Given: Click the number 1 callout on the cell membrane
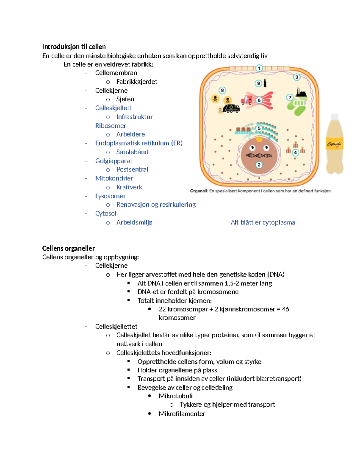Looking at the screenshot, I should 259,68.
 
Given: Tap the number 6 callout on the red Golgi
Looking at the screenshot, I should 259,100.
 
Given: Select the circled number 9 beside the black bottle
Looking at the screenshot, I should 258,83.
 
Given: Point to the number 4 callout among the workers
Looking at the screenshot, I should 295,152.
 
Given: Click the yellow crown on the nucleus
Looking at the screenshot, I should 259,138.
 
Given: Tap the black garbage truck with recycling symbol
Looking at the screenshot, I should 231,108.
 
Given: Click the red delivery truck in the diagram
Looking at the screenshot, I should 247,100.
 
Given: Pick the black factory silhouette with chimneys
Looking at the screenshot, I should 301,92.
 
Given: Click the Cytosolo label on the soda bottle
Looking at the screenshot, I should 334,144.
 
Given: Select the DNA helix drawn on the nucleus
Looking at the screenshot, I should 259,155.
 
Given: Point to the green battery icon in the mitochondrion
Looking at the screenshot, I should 299,103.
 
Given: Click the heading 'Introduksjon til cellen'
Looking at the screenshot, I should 74,47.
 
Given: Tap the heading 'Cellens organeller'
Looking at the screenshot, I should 68,248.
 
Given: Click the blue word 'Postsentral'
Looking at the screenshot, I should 132,170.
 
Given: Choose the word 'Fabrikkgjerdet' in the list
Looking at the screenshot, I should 136,82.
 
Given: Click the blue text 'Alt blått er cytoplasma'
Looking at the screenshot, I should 262,222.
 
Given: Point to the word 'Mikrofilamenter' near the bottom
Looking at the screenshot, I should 182,414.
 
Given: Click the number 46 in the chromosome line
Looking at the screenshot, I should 285,309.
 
